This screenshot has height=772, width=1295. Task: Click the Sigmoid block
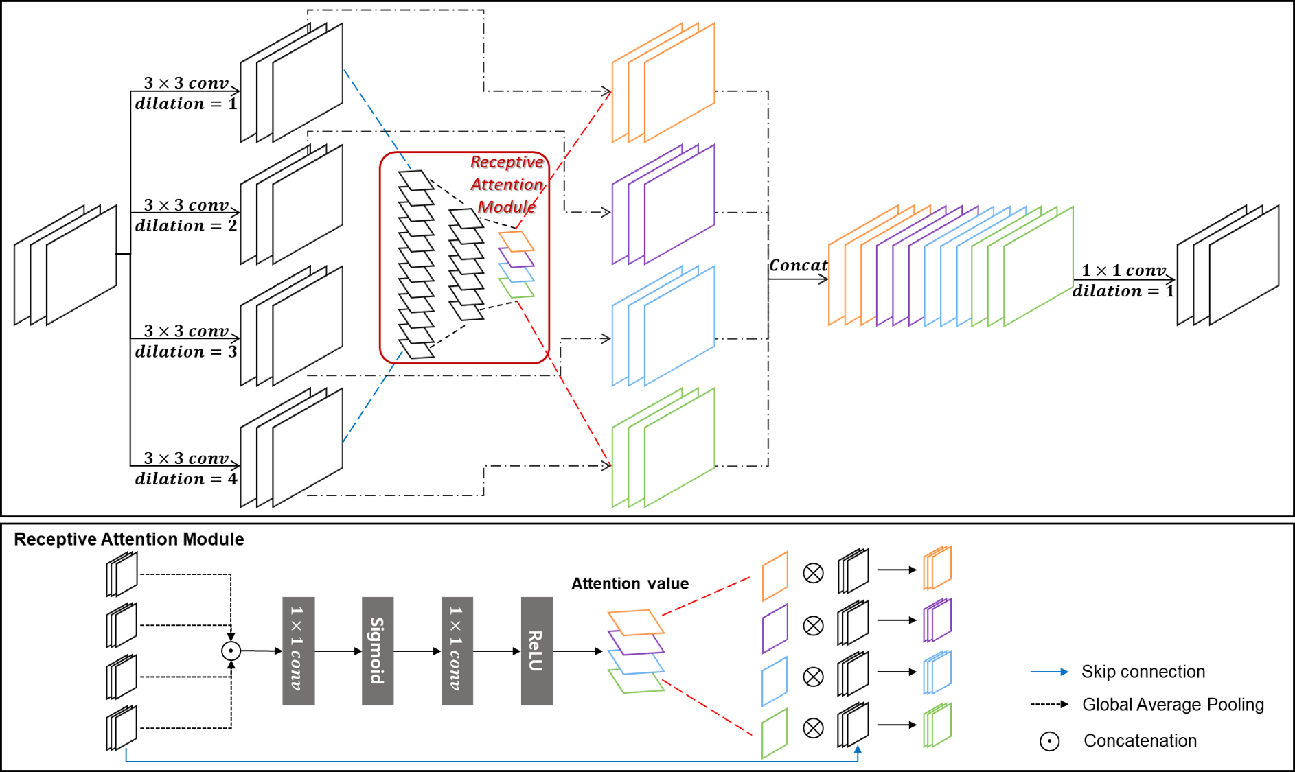(378, 651)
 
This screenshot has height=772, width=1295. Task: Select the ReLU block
(536, 651)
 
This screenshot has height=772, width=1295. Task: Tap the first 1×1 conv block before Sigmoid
(298, 651)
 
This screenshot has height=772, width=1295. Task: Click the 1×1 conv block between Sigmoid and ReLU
(457, 651)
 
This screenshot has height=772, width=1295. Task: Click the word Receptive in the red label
(506, 162)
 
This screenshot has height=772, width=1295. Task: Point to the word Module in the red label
(506, 207)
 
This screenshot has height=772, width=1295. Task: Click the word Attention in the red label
(506, 185)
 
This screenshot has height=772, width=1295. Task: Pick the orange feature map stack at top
(663, 82)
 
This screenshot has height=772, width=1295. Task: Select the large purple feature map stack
(663, 204)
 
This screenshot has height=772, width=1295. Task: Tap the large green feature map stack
(663, 447)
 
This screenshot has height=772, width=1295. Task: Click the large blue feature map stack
(663, 325)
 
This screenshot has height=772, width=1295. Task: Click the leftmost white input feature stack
(66, 265)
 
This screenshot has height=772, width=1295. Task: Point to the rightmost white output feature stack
(1228, 265)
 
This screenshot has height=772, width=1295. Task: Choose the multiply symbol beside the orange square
(813, 573)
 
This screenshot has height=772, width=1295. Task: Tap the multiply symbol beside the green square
(813, 728)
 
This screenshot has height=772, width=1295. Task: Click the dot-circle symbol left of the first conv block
(231, 651)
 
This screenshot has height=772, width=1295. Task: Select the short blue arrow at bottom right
(1049, 672)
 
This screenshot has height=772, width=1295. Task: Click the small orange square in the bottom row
(775, 576)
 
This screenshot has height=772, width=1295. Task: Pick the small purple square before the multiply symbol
(775, 628)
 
